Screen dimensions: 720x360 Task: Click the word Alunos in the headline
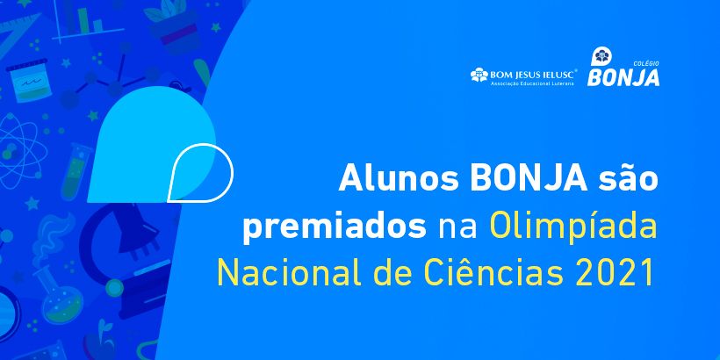(398, 178)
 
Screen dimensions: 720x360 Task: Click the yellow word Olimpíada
(573, 226)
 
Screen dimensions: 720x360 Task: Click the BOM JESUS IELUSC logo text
(523, 76)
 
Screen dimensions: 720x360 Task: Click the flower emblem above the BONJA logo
(600, 57)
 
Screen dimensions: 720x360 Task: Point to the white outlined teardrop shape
(201, 173)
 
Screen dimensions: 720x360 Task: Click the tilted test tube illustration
(76, 171)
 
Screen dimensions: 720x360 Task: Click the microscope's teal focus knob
(114, 288)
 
